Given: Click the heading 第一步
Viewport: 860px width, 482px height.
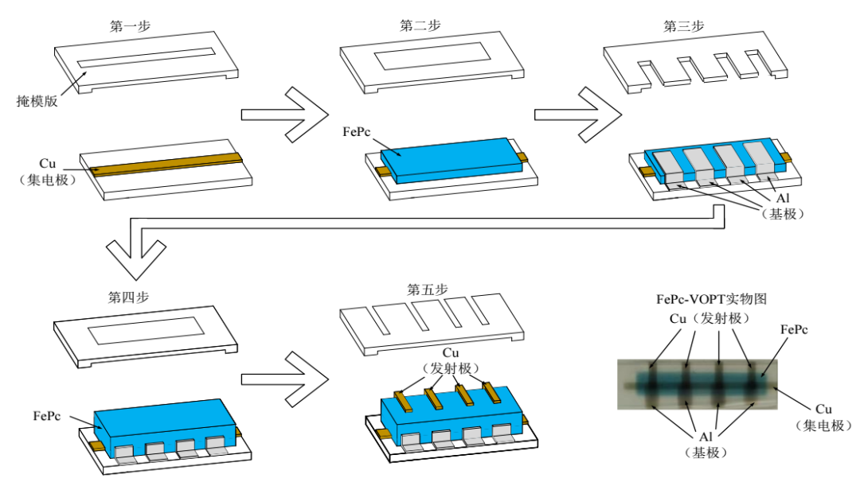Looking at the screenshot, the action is pyautogui.click(x=130, y=25).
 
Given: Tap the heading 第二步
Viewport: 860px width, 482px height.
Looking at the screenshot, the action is pyautogui.click(x=420, y=25).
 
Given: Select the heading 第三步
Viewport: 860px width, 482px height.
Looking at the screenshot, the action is pyautogui.click(x=683, y=25).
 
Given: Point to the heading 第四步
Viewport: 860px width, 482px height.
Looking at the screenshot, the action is pyautogui.click(x=128, y=297).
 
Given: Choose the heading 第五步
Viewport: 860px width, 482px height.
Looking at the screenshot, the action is pyautogui.click(x=428, y=290).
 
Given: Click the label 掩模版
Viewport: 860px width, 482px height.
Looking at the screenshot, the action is pyautogui.click(x=37, y=101).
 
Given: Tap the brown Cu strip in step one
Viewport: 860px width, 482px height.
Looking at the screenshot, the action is pyautogui.click(x=166, y=164).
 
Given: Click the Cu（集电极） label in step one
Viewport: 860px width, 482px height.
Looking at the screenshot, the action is pyautogui.click(x=47, y=172).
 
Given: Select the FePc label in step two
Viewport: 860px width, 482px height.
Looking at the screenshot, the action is pyautogui.click(x=357, y=132).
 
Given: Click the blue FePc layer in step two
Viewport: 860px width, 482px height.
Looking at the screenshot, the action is pyautogui.click(x=450, y=159).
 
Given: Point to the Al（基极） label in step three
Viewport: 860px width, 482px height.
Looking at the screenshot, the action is pyautogui.click(x=784, y=206).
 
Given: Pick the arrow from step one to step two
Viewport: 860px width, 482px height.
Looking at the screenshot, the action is pyautogui.click(x=284, y=115).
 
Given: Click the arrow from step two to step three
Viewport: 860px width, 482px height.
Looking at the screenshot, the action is pyautogui.click(x=578, y=115).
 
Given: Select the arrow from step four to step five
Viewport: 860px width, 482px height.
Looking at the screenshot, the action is pyautogui.click(x=284, y=379).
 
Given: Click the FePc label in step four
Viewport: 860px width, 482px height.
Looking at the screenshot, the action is pyautogui.click(x=47, y=416).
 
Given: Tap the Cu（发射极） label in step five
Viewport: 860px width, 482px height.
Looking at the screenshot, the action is pyautogui.click(x=451, y=360).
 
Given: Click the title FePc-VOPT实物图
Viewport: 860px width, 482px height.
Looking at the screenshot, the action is pyautogui.click(x=711, y=299).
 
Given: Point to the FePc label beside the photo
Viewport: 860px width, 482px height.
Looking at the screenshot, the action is pyautogui.click(x=794, y=330).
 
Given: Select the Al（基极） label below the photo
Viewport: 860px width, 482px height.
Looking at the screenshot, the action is pyautogui.click(x=706, y=444).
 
